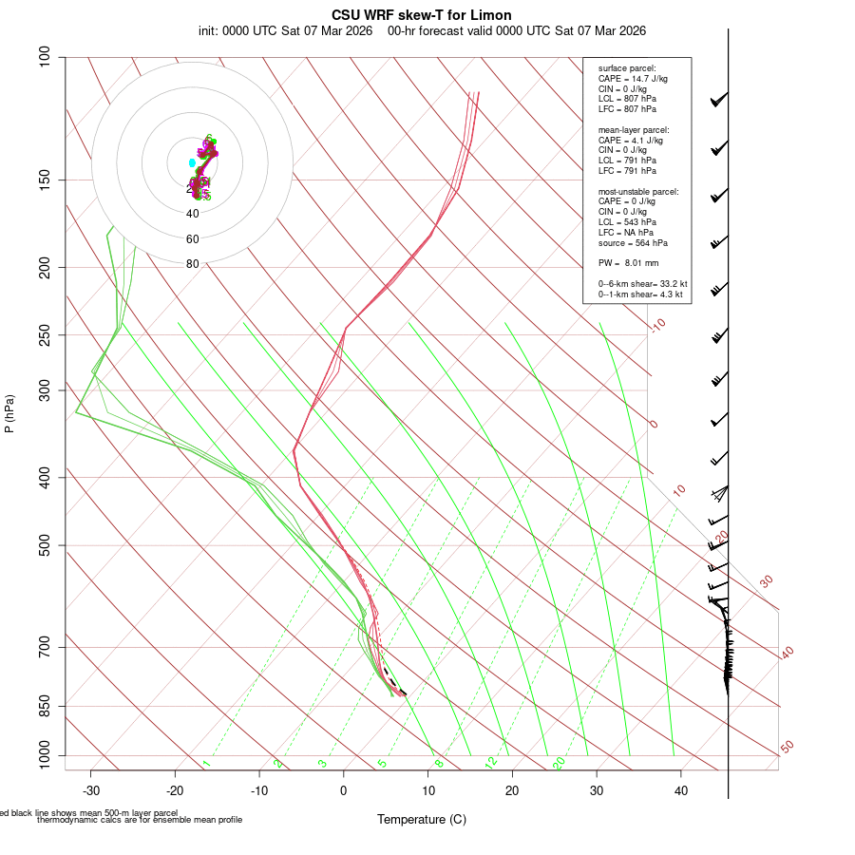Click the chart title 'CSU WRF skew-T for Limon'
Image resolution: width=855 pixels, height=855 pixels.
point(422,15)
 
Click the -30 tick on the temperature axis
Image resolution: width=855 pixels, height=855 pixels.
point(91,790)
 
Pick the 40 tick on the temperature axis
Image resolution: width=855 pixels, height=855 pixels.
point(681,790)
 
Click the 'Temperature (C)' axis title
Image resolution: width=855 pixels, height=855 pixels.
point(422,819)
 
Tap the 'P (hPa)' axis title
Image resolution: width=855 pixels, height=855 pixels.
point(9,413)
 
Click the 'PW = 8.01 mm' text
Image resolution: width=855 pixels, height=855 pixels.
point(628,262)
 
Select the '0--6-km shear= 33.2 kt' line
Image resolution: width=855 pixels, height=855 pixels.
point(642,284)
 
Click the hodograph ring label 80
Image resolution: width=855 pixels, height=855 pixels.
point(193,264)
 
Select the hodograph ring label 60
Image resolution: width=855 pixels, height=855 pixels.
point(193,239)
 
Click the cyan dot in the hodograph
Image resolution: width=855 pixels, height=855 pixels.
point(192,163)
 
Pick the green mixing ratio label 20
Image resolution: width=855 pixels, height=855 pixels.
point(560,762)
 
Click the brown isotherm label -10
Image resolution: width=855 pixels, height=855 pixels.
point(656,325)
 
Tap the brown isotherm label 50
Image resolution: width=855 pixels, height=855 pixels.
point(787,748)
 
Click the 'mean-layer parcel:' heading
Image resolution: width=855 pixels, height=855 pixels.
point(633,129)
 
